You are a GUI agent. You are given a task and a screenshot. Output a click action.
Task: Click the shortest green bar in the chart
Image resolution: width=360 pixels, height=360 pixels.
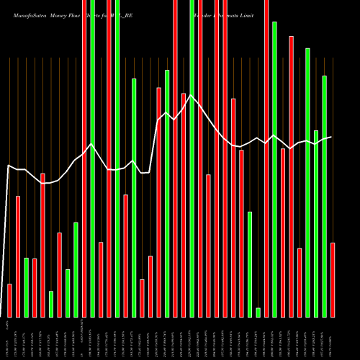click(x=258, y=312)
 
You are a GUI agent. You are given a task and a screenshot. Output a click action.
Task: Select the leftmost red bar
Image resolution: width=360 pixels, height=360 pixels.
click(x=9, y=300)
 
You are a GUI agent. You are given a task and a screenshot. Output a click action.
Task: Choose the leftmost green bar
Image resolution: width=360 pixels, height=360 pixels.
click(x=26, y=287)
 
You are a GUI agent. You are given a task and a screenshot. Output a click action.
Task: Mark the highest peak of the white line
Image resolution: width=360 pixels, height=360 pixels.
click(x=192, y=94)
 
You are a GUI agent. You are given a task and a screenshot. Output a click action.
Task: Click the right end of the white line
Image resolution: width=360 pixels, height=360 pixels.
click(x=331, y=137)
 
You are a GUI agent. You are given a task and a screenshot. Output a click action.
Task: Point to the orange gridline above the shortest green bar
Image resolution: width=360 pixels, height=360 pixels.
click(x=258, y=180)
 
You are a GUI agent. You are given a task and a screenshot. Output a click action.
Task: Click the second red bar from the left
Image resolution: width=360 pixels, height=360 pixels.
click(x=17, y=256)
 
